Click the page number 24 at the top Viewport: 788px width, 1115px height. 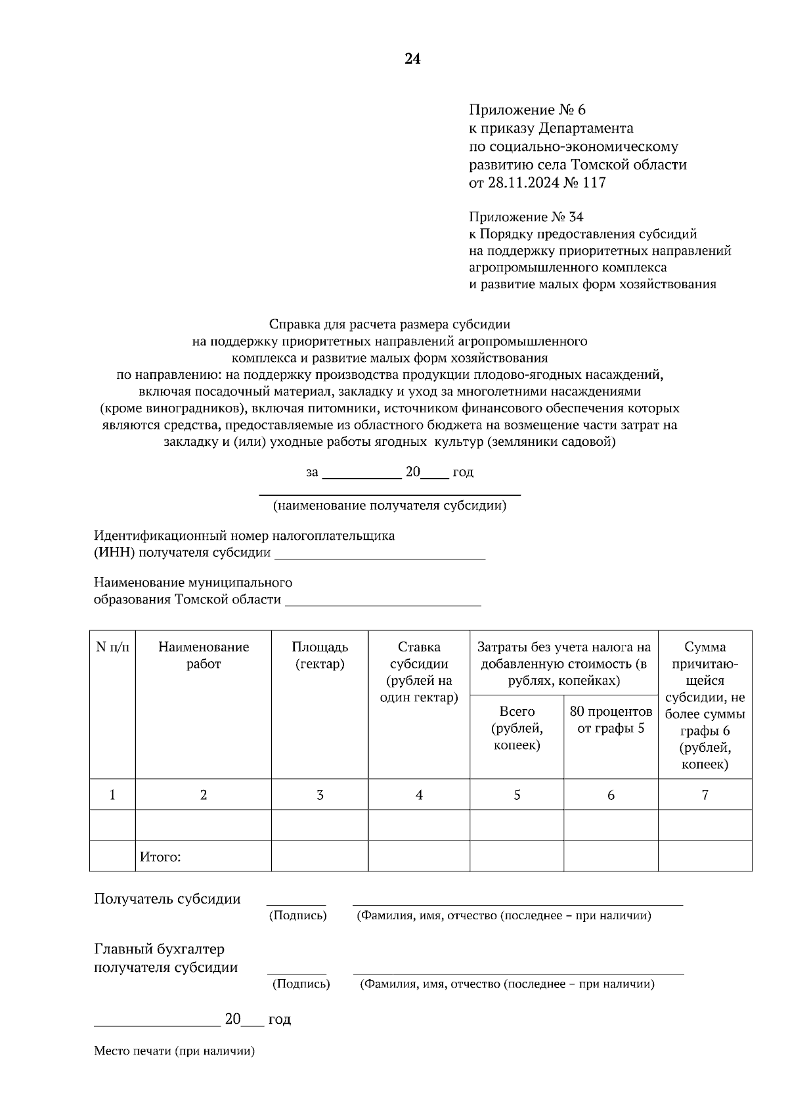[412, 59]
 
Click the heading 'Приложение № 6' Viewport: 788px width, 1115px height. [527, 110]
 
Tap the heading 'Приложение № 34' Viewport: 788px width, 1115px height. [526, 217]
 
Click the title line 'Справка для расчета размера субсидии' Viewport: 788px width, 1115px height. [389, 324]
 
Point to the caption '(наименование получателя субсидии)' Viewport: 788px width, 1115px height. [389, 506]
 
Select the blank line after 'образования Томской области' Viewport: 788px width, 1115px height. [383, 600]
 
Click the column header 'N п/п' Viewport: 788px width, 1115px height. [112, 647]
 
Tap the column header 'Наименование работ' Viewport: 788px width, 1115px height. [204, 655]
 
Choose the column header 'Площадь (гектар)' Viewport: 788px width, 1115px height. [320, 655]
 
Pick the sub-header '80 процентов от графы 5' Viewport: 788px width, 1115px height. [611, 720]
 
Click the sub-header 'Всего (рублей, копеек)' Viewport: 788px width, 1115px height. [517, 728]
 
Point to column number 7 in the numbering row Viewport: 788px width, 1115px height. [705, 795]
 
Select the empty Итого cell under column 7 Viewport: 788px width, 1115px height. [705, 856]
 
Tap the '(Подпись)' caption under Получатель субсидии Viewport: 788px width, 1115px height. [297, 915]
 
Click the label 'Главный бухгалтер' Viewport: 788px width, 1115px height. [159, 950]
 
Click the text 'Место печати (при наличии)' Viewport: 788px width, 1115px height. [174, 1051]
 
